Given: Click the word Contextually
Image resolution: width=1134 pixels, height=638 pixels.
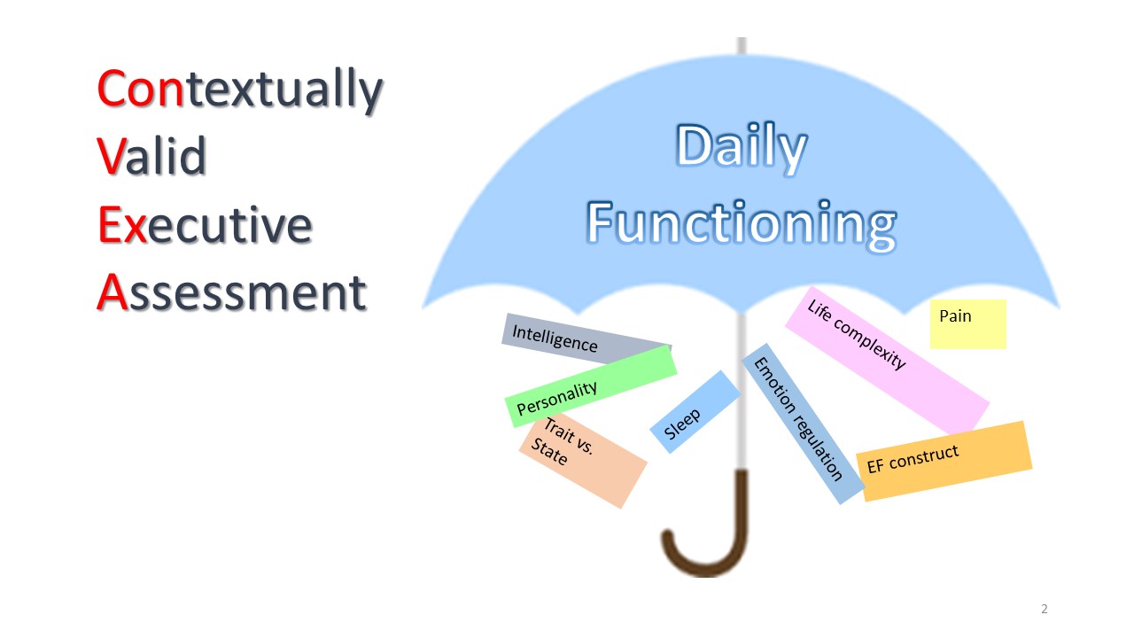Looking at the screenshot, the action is point(240,89).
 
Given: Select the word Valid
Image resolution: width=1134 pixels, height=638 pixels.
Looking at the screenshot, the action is point(151,155).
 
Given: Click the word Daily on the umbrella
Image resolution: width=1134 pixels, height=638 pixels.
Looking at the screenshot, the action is point(742,148).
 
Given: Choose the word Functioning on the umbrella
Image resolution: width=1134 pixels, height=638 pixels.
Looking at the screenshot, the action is point(742,225).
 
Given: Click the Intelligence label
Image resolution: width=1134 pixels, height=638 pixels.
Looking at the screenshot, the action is point(586,338).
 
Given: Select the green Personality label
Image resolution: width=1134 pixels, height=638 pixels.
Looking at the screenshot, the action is point(591,385).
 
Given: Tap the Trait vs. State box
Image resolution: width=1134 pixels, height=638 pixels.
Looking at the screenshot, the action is point(583,461).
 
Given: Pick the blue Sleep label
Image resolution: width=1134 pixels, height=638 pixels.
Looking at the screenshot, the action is point(695,412).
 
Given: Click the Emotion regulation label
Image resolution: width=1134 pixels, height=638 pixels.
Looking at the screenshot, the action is point(803,424).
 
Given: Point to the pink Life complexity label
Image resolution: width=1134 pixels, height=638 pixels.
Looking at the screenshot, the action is point(887,360).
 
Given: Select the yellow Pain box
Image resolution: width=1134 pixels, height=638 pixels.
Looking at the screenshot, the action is point(968,324).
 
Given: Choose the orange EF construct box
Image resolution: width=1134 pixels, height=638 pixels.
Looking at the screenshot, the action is point(944,462).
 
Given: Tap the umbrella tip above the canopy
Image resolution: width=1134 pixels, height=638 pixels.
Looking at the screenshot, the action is point(742,44).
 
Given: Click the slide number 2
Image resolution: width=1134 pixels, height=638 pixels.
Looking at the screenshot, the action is point(1044,609).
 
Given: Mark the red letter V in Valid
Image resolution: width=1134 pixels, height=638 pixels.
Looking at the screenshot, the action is point(112,156).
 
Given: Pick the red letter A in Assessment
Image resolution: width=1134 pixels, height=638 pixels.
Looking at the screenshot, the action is point(112,292).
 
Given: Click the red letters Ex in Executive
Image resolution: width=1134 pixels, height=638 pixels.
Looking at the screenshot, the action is point(122,225).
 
